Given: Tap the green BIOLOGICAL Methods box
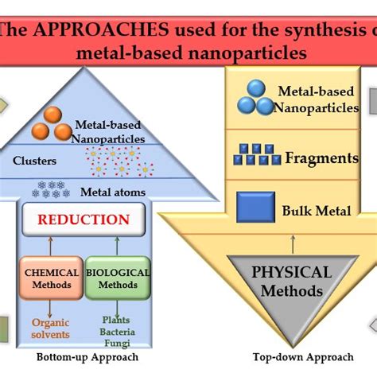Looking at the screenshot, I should coord(117,278).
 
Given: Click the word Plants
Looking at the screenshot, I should coord(116,319).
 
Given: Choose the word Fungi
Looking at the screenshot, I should coord(116,343).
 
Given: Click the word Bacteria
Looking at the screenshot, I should coord(116,331).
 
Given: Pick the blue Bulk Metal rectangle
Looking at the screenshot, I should coord(256,208).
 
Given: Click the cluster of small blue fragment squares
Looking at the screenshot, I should coord(256,155).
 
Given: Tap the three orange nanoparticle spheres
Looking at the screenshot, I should coord(52,126).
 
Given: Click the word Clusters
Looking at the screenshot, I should coord(34,161).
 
